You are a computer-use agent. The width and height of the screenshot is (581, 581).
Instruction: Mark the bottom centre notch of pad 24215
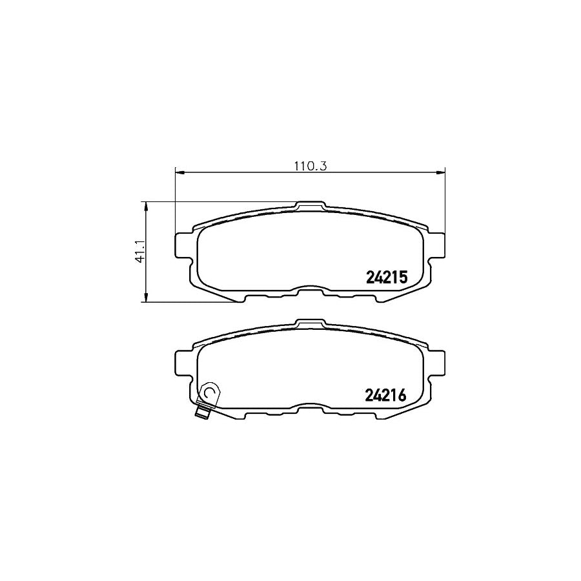point(310,291)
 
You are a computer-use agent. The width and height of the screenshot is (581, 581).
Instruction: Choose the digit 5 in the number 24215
point(402,278)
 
